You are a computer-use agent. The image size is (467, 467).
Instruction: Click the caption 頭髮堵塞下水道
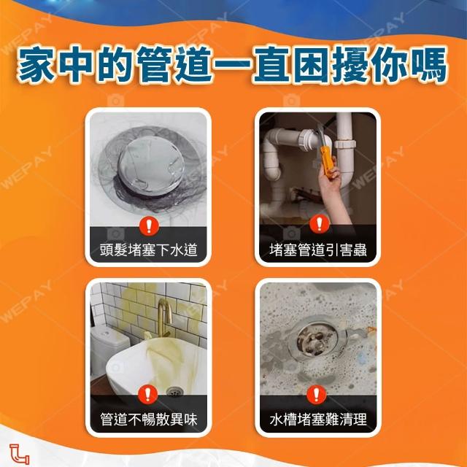coord(148,250)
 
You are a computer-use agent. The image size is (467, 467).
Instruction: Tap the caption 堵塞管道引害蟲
coord(318,250)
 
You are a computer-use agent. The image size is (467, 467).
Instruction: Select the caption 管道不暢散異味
coord(148,419)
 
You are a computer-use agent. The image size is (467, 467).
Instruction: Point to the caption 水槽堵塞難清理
coord(318,419)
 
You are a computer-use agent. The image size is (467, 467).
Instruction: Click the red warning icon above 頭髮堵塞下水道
coord(149,226)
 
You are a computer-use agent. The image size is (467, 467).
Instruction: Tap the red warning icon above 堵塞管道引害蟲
coord(320,224)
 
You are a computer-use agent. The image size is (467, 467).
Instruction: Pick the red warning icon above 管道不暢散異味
coord(147,394)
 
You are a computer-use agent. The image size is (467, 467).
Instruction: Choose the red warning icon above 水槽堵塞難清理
coord(317,395)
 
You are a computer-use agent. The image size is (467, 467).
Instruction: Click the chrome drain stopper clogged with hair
coord(151,166)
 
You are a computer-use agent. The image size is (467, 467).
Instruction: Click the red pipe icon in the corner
coord(20,454)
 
